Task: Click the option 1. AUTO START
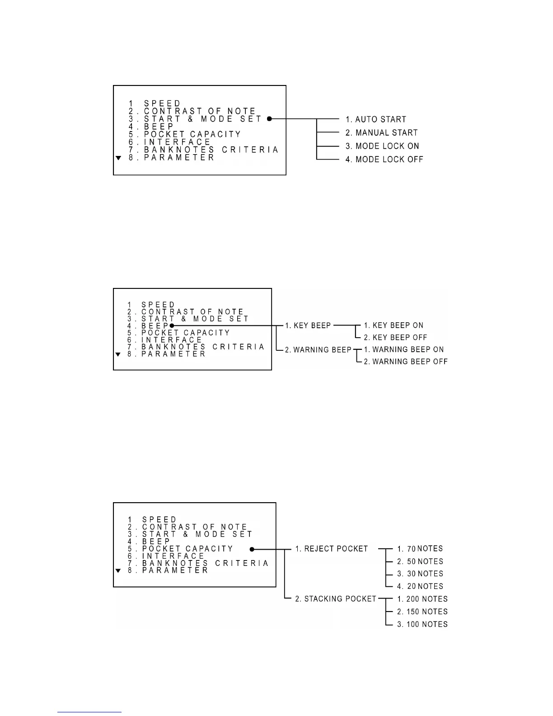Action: (376, 119)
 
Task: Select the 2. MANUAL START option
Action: (381, 133)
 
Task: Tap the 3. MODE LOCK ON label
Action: (382, 146)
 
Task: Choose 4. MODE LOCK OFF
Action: (384, 159)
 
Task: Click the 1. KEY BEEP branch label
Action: (308, 325)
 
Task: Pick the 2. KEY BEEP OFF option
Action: (395, 338)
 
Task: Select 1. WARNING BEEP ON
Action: (404, 349)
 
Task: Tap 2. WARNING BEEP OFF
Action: (406, 362)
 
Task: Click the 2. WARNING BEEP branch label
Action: (318, 350)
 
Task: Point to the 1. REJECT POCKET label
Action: (332, 549)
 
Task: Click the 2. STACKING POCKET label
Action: (336, 599)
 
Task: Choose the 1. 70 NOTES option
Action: (420, 549)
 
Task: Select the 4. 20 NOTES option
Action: (420, 586)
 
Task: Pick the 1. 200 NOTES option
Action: (422, 599)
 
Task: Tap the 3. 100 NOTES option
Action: (422, 624)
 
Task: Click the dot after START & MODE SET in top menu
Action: (269, 119)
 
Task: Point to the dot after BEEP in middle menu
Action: (172, 325)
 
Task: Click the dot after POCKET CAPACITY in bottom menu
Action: (252, 549)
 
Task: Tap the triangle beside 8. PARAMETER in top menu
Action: (118, 158)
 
